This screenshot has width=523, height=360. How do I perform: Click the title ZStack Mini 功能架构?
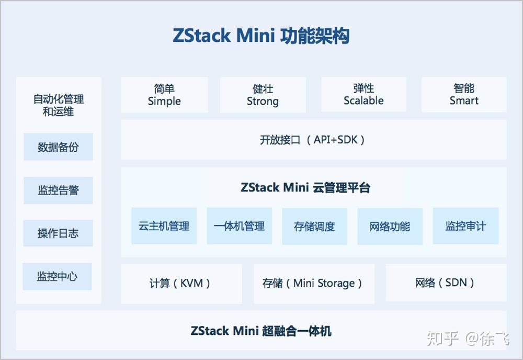(x=261, y=36)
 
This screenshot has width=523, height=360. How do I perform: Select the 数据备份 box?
(x=58, y=147)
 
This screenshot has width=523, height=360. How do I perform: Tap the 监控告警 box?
(x=58, y=190)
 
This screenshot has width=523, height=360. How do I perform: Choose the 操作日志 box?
(x=58, y=233)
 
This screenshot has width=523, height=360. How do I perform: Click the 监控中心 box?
(x=57, y=276)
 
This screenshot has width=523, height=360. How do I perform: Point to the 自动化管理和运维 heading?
(x=59, y=105)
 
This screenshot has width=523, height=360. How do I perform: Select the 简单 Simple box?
(x=164, y=95)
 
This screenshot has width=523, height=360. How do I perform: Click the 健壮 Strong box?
(x=263, y=95)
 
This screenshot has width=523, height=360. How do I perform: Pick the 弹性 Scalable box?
(x=363, y=95)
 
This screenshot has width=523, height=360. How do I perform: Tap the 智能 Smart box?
(x=464, y=95)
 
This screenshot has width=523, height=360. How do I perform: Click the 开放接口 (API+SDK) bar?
(x=313, y=140)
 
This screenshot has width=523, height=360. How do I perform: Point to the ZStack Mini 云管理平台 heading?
(x=305, y=188)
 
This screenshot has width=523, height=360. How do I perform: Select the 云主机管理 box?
(x=164, y=226)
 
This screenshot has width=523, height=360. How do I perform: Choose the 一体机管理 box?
(x=240, y=226)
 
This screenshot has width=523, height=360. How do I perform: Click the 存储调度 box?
(x=314, y=227)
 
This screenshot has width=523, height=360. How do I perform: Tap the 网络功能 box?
(x=390, y=227)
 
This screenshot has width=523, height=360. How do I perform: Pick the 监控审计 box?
(x=465, y=226)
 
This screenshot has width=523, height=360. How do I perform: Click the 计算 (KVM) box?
(x=181, y=283)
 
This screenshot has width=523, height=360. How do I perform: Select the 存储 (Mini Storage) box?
(x=313, y=283)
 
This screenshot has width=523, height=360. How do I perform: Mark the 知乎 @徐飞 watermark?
(x=468, y=339)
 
